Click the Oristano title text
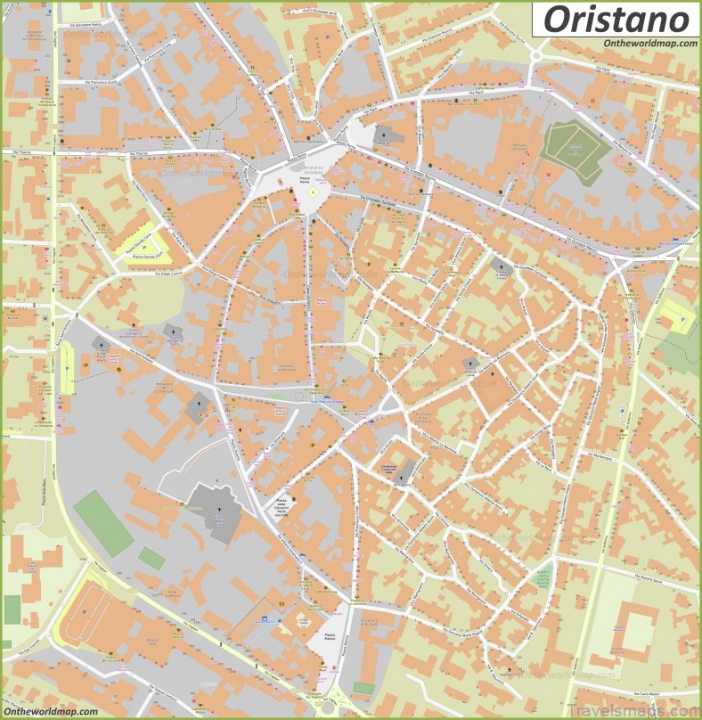tap(616, 19)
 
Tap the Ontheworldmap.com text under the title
tap(649, 44)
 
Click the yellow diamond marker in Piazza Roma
tap(314, 192)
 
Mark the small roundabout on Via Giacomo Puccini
tap(537, 56)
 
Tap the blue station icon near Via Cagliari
tap(265, 619)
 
